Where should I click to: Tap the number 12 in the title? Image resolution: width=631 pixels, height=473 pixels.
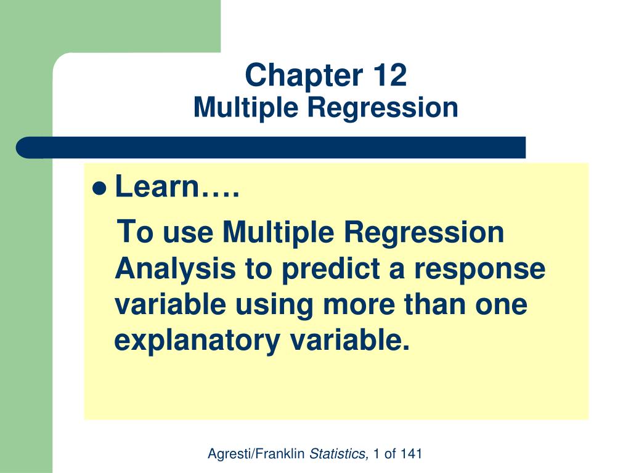pyautogui.click(x=389, y=76)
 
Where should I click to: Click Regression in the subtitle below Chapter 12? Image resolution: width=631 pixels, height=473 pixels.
pyautogui.click(x=383, y=108)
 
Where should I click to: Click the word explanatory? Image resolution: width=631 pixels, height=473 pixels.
pyautogui.click(x=196, y=341)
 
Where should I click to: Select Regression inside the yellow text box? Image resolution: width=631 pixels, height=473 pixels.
pyautogui.click(x=424, y=233)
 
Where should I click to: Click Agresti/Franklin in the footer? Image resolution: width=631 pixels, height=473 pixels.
pyautogui.click(x=256, y=455)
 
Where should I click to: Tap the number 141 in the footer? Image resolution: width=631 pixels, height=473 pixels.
pyautogui.click(x=411, y=455)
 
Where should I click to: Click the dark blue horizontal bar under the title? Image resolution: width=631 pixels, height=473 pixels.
pyautogui.click(x=271, y=148)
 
